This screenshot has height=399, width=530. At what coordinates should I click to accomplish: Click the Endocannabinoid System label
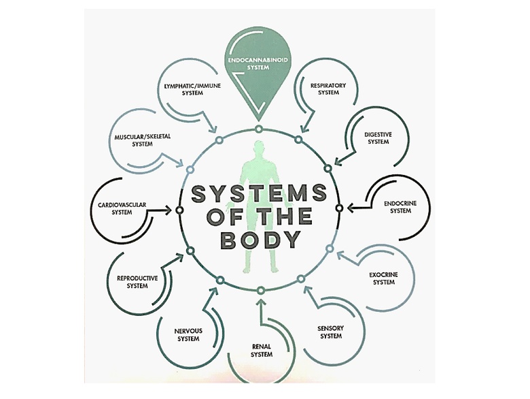pos(258,65)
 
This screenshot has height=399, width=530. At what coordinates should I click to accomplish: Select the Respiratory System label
pos(328,89)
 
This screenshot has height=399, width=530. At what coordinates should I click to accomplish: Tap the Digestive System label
pos(378,138)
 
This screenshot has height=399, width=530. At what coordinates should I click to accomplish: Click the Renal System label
pos(261,350)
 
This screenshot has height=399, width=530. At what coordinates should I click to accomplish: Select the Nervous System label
pos(188,334)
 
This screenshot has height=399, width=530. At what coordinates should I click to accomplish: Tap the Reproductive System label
pos(137,282)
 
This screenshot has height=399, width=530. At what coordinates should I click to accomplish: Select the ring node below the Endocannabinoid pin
pos(259,129)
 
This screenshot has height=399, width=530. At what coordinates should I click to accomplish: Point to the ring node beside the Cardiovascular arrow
pos(179,210)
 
